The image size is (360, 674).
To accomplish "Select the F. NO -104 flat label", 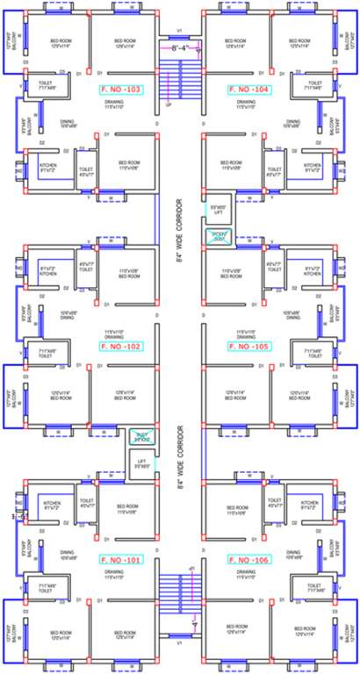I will pos(248,90).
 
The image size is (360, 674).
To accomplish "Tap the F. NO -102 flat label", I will pos(121,346).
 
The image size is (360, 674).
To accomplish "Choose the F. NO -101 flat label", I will pos(121,559).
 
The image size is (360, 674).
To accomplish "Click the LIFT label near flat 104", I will pos(218,211).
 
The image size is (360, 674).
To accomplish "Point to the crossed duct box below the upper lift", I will pos(217,233).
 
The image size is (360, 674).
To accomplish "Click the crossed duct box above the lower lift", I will pos(141,436).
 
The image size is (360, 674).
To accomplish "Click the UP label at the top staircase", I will pos(168,104).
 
